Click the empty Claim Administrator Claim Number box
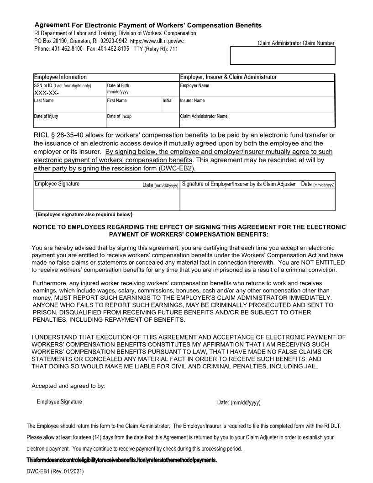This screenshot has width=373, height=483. point(283,55)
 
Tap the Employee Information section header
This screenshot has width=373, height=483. point(60,77)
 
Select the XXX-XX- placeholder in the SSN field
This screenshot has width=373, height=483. point(47,92)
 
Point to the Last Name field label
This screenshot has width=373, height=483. point(44,101)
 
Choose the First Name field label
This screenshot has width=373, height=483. point(117,101)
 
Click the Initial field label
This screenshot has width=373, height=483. point(168,101)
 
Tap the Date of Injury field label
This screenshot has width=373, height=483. point(46,116)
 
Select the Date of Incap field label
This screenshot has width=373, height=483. point(119,116)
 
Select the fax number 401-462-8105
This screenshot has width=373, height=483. point(113,48)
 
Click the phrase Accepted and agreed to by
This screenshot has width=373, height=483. point(68,386)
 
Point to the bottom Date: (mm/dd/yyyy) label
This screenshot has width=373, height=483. point(239,403)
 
